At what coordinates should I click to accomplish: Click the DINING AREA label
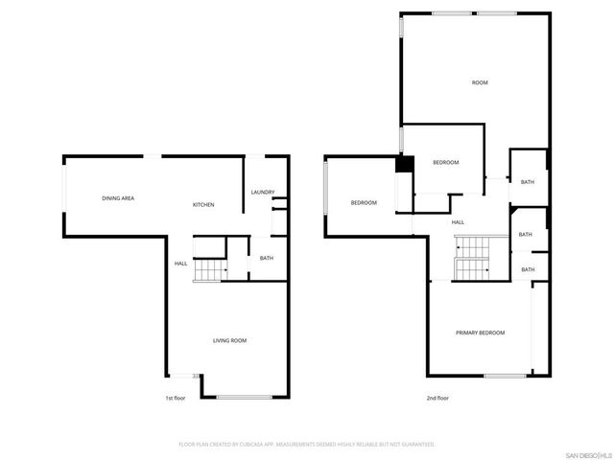click(118, 198)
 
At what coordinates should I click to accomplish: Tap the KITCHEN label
click(203, 205)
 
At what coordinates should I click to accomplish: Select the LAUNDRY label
click(263, 193)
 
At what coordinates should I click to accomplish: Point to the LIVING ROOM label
click(229, 340)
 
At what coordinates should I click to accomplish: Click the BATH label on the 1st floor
click(267, 258)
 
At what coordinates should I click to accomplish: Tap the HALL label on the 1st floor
click(180, 264)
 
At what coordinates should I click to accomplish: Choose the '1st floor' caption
click(175, 398)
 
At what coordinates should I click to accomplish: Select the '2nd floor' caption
click(437, 398)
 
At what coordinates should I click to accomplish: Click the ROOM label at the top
click(480, 83)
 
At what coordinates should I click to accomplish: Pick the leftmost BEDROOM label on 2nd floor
click(364, 202)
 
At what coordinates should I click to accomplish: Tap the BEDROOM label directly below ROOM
click(445, 163)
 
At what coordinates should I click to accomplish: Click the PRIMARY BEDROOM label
click(480, 333)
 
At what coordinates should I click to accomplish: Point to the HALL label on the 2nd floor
click(459, 222)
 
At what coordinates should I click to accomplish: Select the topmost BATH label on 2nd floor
click(528, 182)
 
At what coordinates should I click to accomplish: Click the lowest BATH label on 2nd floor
click(528, 269)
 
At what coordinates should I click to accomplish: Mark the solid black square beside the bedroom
click(405, 165)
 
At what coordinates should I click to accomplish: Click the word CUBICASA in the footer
click(262, 445)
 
